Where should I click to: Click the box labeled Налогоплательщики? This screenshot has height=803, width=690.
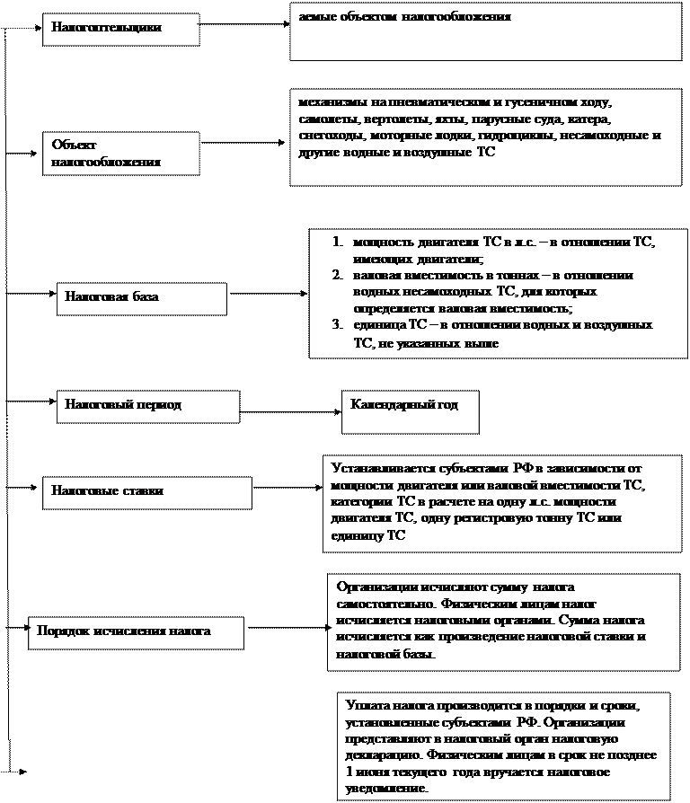[120, 28]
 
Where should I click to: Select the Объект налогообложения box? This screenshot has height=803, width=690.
[121, 154]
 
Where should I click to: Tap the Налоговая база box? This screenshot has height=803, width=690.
[141, 298]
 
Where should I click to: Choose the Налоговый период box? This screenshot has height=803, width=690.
[148, 405]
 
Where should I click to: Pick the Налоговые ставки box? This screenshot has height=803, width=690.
[148, 492]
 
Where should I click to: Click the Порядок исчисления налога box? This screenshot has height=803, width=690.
[136, 631]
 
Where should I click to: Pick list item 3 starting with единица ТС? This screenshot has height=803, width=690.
[494, 333]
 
